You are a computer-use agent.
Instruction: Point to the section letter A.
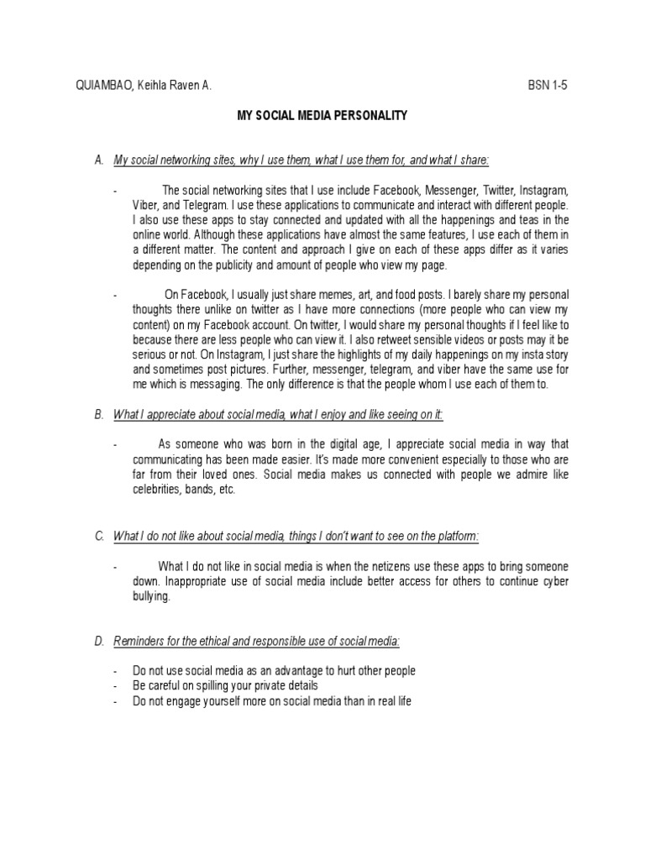pos(98,160)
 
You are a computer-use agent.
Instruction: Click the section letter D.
pos(98,642)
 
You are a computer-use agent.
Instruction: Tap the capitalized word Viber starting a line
pos(146,205)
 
